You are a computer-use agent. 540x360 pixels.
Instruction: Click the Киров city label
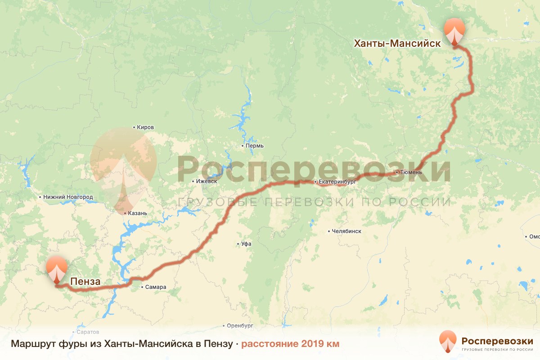tap(145, 127)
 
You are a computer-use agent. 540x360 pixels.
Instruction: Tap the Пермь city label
tap(254, 146)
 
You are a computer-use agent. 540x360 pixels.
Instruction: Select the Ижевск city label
tap(207, 181)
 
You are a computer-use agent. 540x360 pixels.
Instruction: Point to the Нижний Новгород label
tap(68, 197)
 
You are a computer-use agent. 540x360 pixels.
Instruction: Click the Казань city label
tap(137, 213)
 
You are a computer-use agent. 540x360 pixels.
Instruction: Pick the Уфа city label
tap(246, 244)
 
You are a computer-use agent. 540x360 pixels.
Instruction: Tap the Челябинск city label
tap(346, 231)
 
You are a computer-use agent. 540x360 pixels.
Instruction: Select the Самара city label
tap(156, 287)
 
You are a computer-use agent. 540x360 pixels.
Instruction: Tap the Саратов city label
tap(88, 332)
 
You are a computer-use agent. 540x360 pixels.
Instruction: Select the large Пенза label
tap(85, 282)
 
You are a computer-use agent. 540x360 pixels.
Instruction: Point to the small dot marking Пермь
tap(242, 146)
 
